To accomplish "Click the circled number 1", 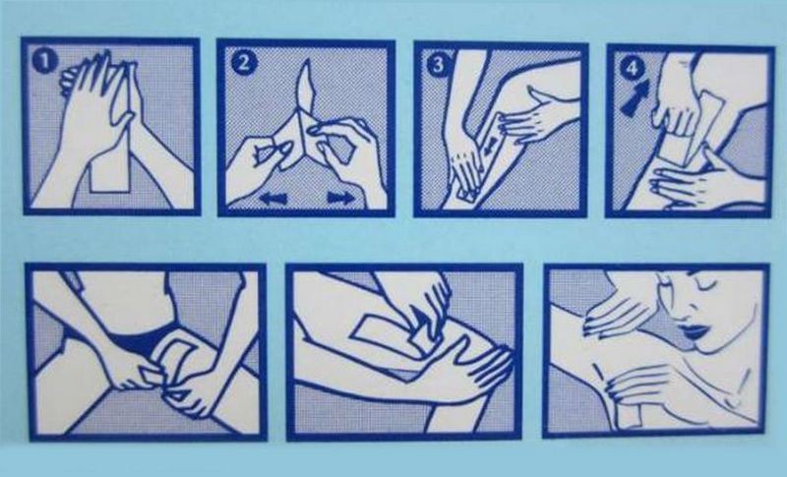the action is point(44,62).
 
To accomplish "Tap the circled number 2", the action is point(243,63).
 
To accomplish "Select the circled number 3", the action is point(438,65).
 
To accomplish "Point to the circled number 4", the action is point(632,68).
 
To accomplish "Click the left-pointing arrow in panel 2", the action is point(274,198).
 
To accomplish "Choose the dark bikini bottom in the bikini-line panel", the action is point(141,341).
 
